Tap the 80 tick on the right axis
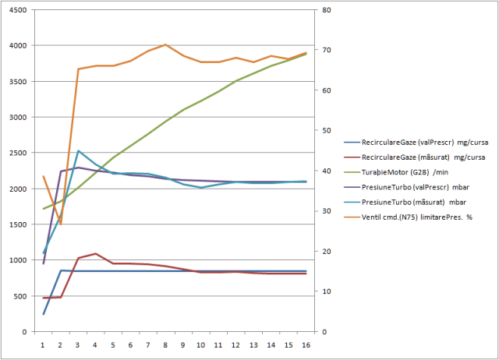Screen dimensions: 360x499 [322, 10]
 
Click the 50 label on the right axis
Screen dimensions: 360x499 [322, 131]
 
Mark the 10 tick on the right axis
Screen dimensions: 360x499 [322, 291]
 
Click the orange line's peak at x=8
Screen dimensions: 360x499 [165, 45]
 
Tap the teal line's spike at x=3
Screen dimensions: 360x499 [78, 151]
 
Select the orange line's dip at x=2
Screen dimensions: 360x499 [61, 224]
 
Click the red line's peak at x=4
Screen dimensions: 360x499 [95, 254]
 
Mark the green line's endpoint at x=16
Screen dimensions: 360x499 [306, 54]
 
